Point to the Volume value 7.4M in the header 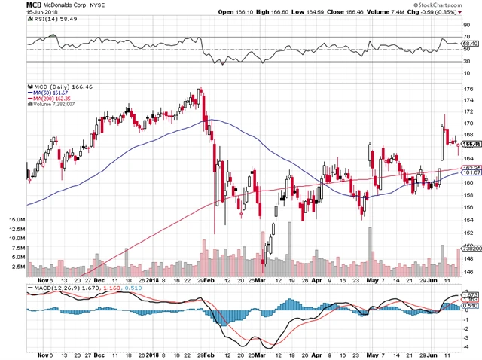(x=401, y=13)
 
